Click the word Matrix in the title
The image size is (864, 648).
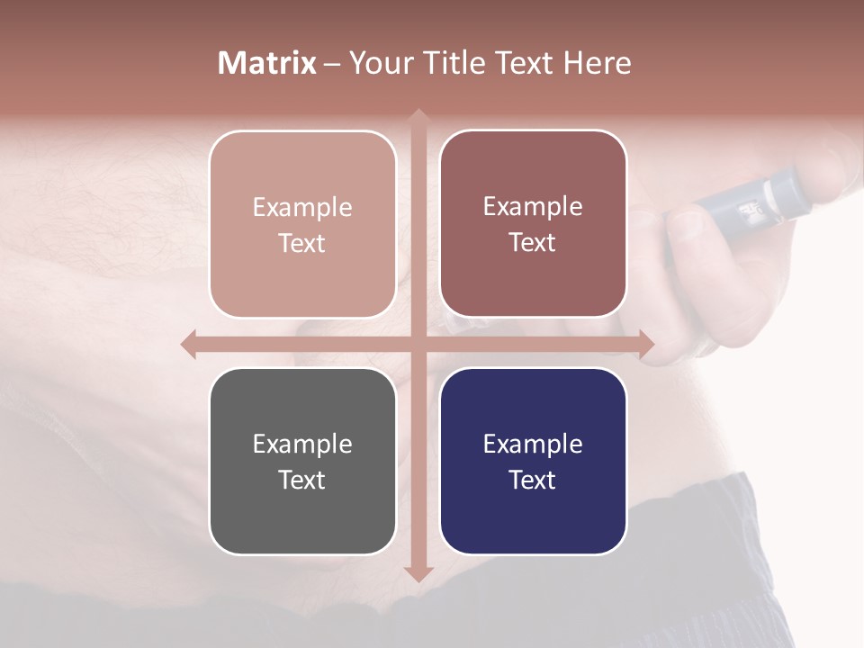266,63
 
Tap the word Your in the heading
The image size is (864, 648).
377,63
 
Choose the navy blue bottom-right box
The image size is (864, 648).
533,522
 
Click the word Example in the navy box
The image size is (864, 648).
533,444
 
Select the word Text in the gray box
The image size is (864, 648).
302,480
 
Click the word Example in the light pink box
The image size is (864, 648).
302,207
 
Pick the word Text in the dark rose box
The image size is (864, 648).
533,243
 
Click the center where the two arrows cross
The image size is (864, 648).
418,344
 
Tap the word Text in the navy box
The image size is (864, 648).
533,480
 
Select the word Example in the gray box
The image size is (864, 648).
302,444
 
